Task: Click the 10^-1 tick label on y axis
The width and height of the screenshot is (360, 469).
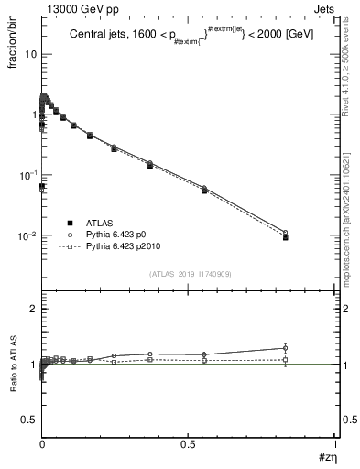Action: (27, 175)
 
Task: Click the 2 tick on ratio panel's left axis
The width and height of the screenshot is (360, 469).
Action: (34, 310)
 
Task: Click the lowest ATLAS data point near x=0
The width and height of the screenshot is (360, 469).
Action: (42, 186)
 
